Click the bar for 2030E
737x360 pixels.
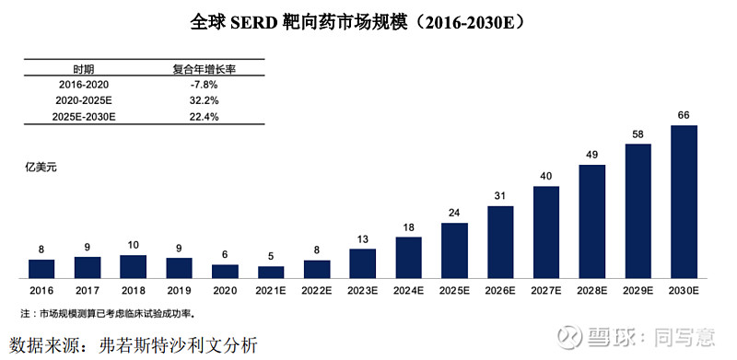pos(684,202)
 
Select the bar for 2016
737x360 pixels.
pos(41,268)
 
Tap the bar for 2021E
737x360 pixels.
pos(271,272)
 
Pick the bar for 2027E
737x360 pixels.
pos(546,232)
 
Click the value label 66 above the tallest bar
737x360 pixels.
pos(684,115)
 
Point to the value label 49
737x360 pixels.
pos(592,154)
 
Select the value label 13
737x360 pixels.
pos(363,238)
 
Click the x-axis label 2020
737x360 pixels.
pos(225,289)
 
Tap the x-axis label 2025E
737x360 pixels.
pos(454,289)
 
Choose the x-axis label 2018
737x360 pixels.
pos(133,289)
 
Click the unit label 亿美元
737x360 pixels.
pos(41,168)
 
